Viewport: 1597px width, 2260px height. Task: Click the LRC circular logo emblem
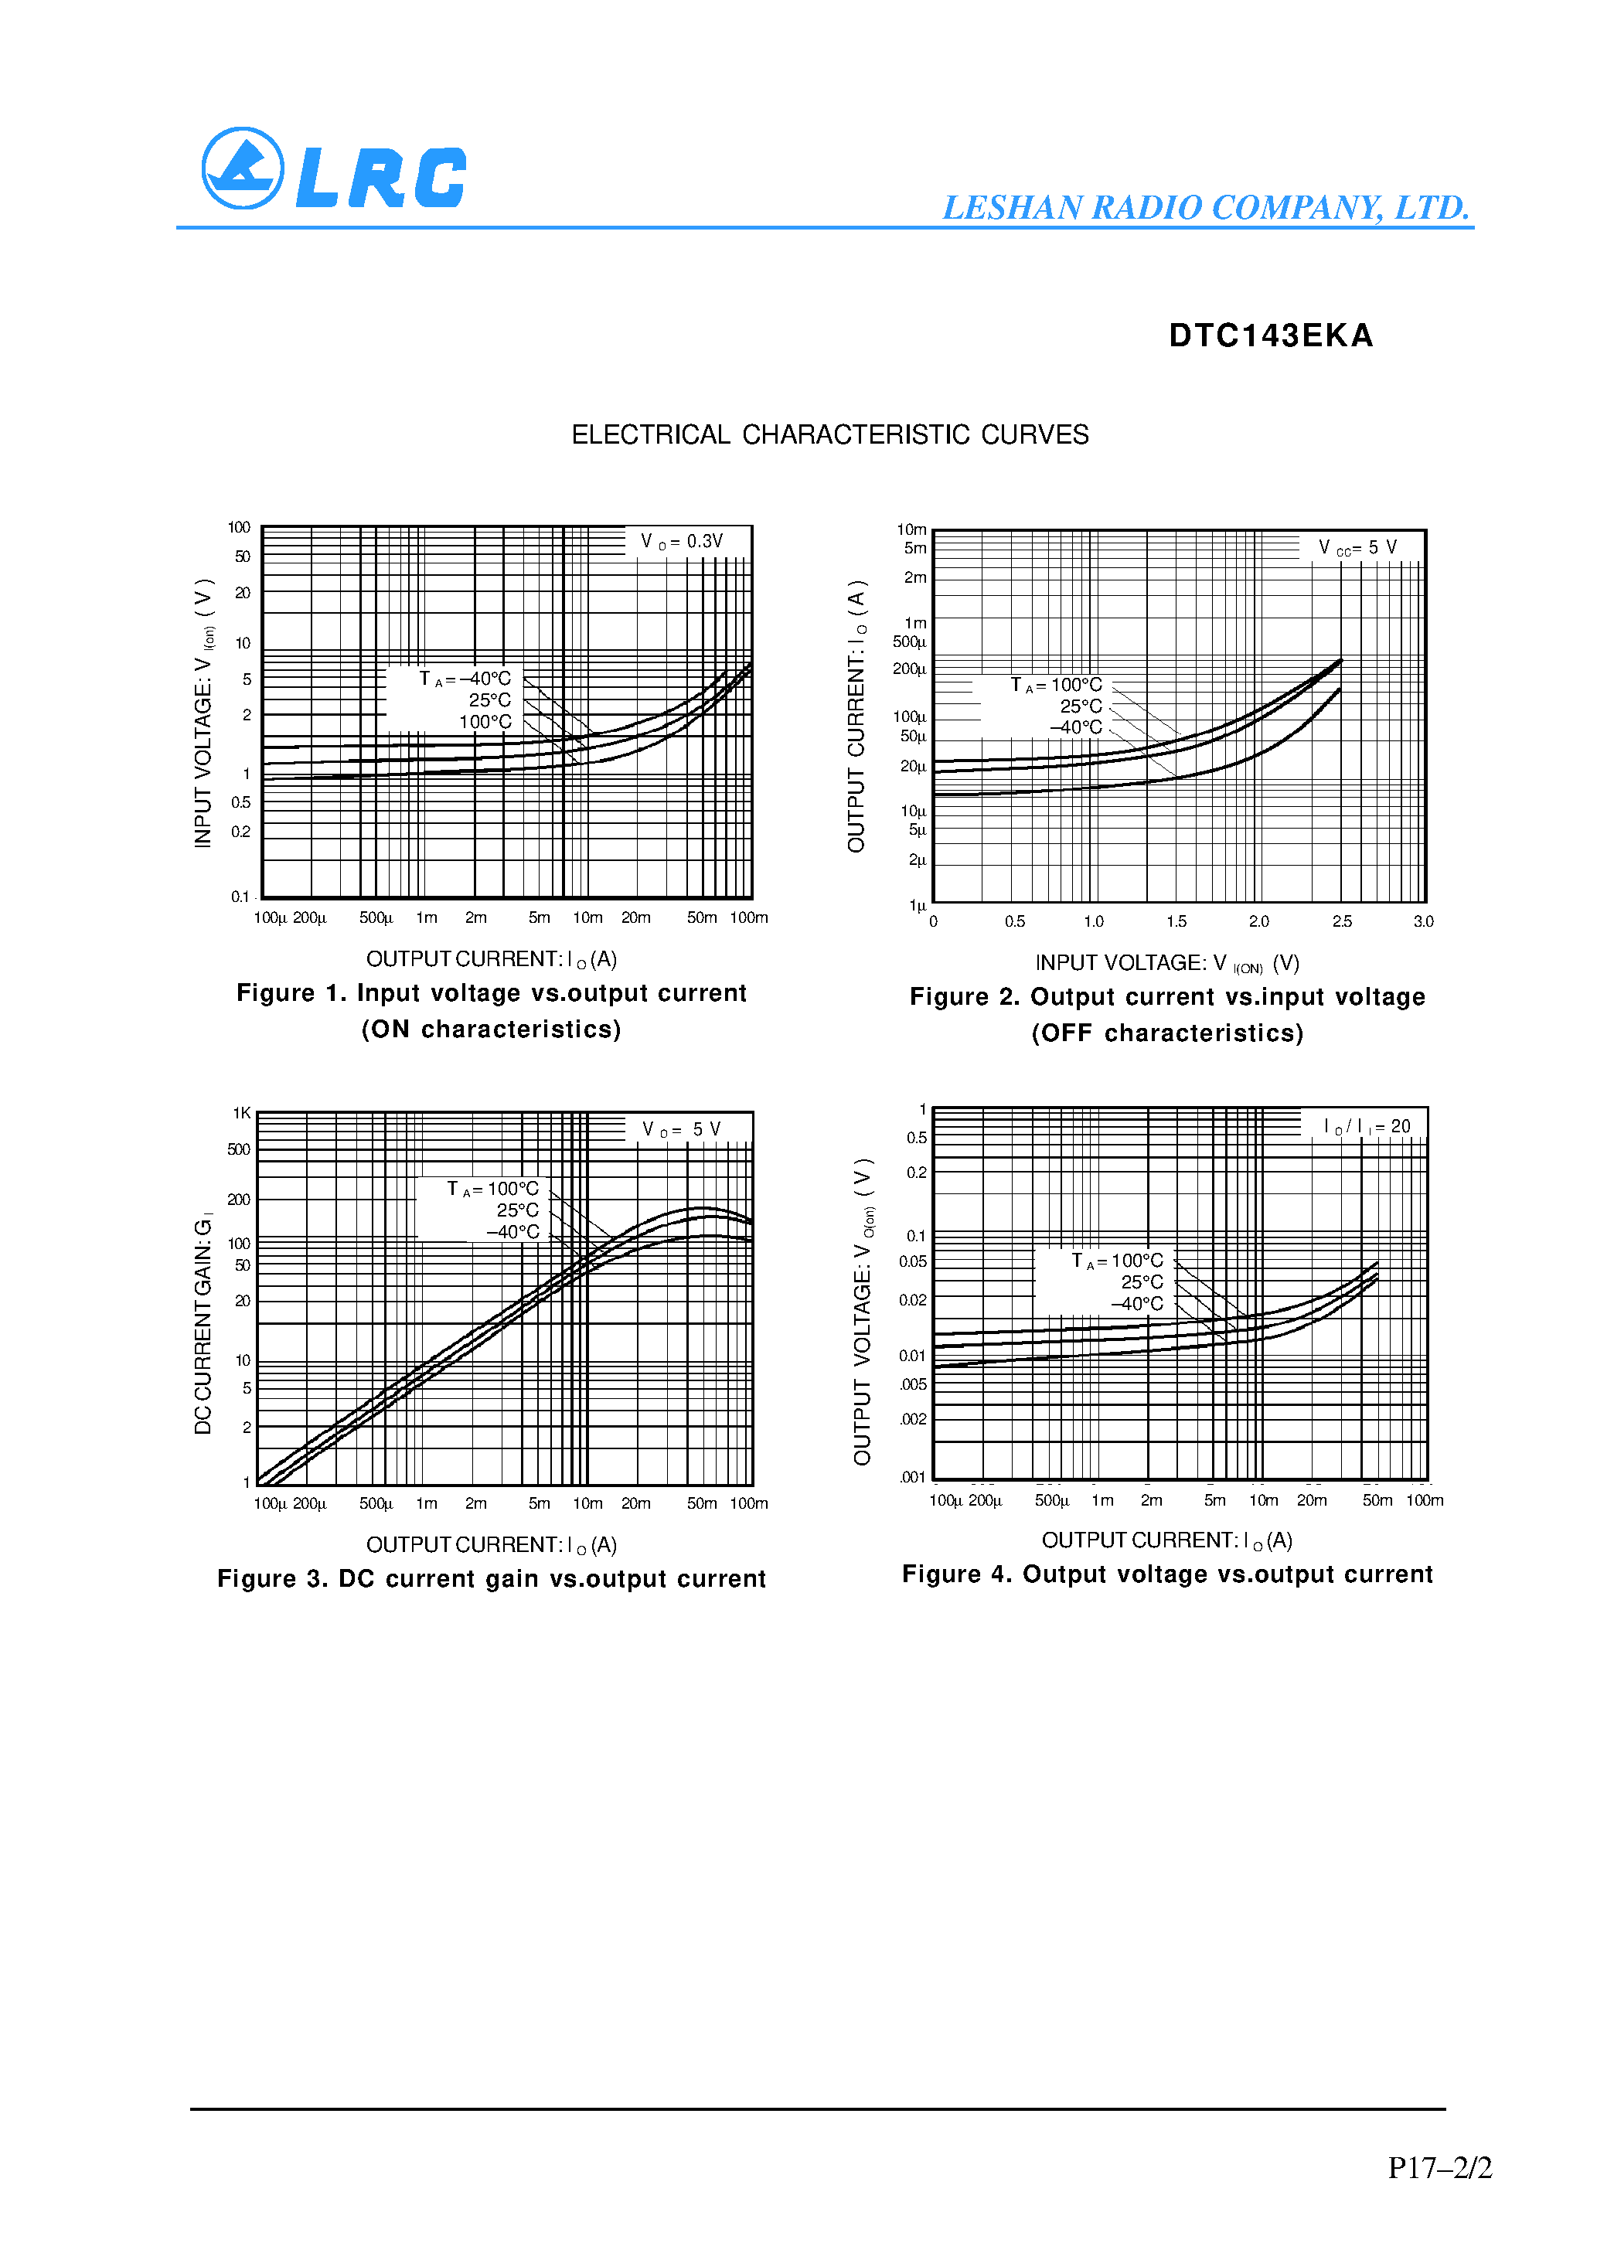(242, 168)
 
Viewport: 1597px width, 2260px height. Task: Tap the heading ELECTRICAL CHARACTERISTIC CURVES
(830, 435)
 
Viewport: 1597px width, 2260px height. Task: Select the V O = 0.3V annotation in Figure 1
(683, 541)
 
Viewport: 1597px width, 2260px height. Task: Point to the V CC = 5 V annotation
(1357, 547)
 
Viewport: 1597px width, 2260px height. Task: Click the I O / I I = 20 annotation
(1367, 1126)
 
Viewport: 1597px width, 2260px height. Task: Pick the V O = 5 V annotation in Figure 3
(681, 1129)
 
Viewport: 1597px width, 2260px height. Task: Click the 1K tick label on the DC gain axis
(241, 1113)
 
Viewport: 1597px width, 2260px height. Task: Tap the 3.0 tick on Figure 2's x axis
(1423, 921)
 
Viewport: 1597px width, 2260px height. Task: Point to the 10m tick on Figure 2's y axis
(911, 529)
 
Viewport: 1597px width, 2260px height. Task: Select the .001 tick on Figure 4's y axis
(913, 1476)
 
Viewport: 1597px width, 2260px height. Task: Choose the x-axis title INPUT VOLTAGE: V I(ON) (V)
(1166, 964)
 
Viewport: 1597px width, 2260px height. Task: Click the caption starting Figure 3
(492, 1579)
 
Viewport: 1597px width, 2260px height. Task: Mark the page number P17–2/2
(1439, 2167)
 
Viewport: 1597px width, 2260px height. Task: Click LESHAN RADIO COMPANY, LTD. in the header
(1206, 208)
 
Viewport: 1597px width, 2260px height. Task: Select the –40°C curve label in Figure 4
(1137, 1304)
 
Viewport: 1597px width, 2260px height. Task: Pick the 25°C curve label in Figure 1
(489, 699)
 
